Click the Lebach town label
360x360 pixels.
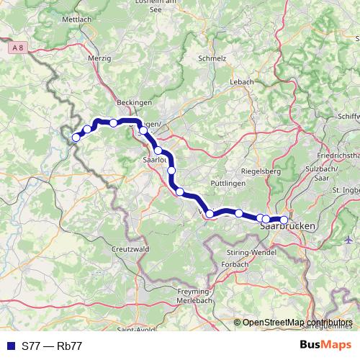(242, 82)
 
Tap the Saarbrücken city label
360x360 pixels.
(287, 228)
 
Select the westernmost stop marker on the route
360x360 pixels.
(76, 138)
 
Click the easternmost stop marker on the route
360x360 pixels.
(284, 220)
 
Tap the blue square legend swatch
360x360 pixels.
(9, 346)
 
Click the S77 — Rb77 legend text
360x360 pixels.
(52, 346)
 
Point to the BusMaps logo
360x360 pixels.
(325, 346)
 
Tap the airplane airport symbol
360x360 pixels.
(349, 239)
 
